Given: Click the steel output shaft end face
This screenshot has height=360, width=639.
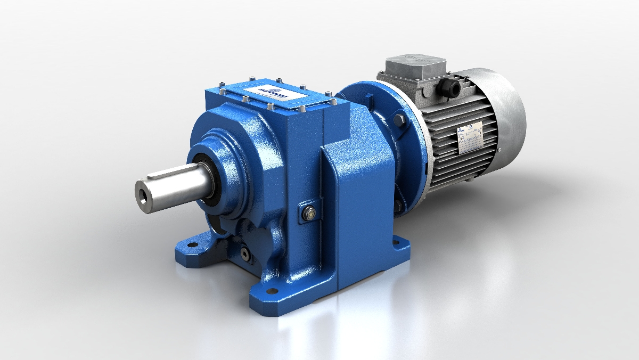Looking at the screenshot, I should click(145, 191).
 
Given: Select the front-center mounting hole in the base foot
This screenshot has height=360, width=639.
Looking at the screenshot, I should click(273, 291).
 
